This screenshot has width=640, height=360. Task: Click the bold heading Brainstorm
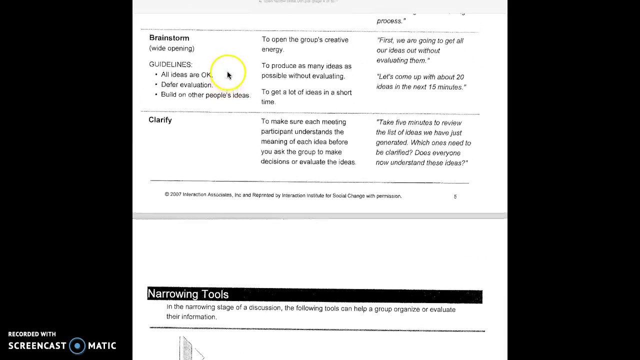[169, 38]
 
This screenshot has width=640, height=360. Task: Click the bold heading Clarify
[160, 120]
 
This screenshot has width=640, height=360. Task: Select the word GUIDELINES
[170, 64]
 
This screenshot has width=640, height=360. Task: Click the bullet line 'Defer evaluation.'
[186, 85]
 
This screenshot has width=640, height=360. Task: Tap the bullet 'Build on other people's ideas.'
[205, 95]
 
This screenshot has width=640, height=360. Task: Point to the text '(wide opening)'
[171, 48]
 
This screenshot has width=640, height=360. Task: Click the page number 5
[455, 196]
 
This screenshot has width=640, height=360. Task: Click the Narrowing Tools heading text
[188, 294]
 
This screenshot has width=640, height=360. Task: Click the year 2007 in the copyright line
[175, 195]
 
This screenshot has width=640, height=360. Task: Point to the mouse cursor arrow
[229, 75]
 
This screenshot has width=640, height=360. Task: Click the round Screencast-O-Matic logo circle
[77, 346]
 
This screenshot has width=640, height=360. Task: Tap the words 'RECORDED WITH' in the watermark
[32, 334]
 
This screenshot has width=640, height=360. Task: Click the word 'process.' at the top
[390, 21]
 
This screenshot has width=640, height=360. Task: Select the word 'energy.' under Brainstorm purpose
[272, 49]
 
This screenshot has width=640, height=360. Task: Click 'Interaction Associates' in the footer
[207, 195]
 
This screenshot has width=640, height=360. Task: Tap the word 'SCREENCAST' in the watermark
[37, 346]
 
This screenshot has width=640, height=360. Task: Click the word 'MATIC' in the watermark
[102, 346]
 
